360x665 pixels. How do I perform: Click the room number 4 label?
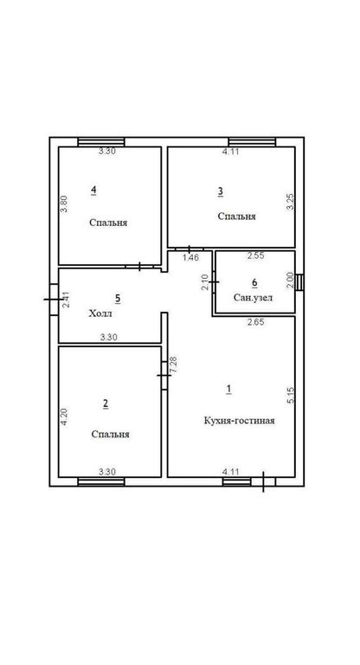pos(93,190)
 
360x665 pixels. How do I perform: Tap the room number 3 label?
pos(221,191)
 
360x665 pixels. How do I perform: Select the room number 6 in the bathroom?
pos(254,282)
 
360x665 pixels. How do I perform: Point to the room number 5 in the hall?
pos(118,299)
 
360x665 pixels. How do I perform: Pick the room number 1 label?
pos(229,389)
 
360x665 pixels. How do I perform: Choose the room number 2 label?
pos(106,404)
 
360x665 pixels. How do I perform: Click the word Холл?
pos(100,313)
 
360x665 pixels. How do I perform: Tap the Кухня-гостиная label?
pos(239,421)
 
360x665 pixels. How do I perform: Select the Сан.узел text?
pos(254,298)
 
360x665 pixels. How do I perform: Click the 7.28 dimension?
pos(173,365)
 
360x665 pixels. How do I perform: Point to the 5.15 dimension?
pos(291,395)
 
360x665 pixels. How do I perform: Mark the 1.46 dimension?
pos(190,257)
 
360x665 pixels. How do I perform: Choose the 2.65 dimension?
pos(255,322)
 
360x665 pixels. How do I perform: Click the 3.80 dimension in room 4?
pos(64,203)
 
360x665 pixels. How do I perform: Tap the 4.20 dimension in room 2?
pos(64,416)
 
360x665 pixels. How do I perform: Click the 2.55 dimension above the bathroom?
pos(256,255)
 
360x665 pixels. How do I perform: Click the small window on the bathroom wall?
pos(299,282)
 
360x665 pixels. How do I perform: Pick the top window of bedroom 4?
pos(101,142)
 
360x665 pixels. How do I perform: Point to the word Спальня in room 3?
pos(236,216)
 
